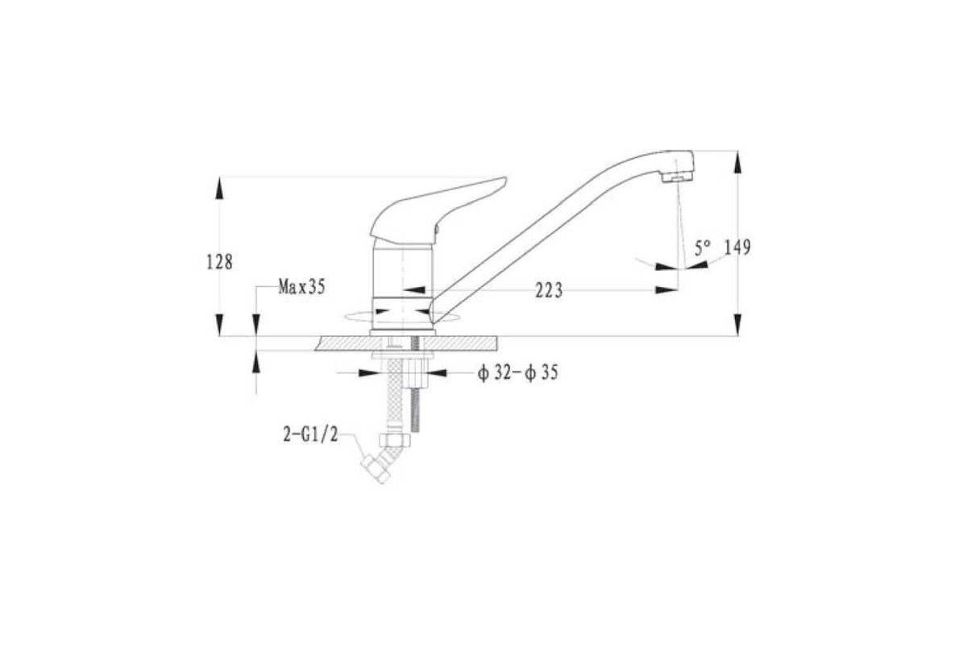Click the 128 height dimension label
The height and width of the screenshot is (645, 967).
point(219,262)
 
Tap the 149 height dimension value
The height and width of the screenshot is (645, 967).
point(737,247)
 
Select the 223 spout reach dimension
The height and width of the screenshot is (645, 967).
point(549,290)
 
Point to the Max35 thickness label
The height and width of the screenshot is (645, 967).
point(301,286)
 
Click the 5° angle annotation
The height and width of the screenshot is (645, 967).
point(703,248)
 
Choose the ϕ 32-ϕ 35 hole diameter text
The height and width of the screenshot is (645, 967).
point(517,372)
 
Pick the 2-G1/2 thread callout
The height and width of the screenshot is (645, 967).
point(310,435)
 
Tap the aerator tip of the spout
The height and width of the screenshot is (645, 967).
point(678,177)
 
